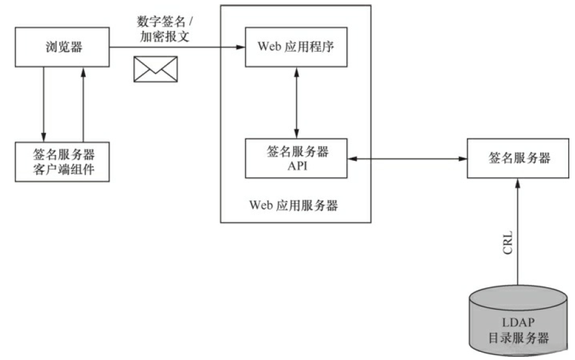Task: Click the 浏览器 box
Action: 62,47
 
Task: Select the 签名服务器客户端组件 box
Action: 62,161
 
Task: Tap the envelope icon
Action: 155,69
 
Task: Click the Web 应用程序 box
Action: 296,47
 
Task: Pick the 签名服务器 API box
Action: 296,158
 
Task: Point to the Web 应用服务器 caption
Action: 293,205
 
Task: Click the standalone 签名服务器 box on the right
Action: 518,158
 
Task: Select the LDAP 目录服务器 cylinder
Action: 518,321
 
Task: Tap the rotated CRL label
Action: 507,243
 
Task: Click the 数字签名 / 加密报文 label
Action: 165,29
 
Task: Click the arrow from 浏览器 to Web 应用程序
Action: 177,47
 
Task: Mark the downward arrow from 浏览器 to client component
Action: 43,104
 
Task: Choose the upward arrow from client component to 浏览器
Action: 83,104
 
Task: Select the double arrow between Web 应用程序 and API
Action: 296,102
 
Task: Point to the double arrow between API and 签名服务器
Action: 407,159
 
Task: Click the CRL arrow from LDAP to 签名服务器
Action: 518,232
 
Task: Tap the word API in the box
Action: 297,166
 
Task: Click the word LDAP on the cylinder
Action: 518,323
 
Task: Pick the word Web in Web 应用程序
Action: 269,47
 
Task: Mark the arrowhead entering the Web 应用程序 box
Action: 240,47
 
